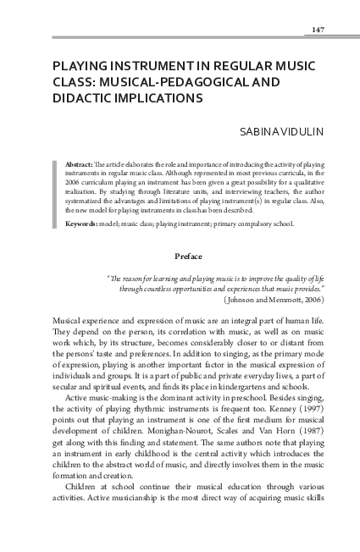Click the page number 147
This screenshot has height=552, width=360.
point(318,30)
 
